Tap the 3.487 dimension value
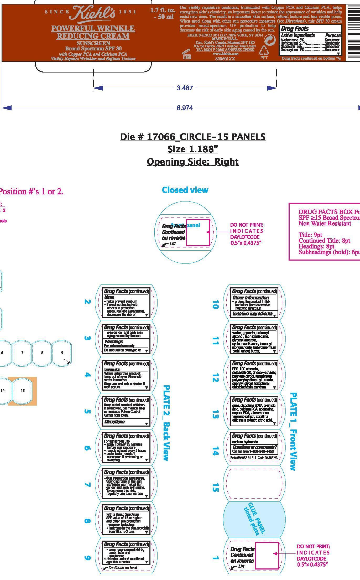click(185, 88)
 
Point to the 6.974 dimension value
click(185, 108)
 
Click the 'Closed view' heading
click(185, 190)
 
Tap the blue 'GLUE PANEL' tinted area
click(254, 519)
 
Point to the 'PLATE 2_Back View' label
click(166, 423)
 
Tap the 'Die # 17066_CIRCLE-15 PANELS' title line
click(192, 137)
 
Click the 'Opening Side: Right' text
click(192, 161)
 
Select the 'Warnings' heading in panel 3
click(113, 341)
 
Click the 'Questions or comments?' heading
click(254, 447)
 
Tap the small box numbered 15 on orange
click(23, 390)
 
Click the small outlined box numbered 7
click(22, 353)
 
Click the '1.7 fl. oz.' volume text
click(163, 11)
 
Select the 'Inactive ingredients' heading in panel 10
click(252, 314)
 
